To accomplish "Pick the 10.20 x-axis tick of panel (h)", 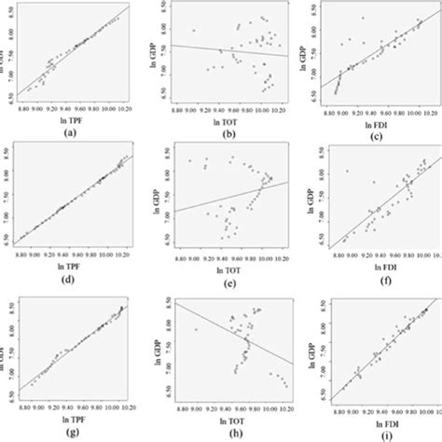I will [284, 408].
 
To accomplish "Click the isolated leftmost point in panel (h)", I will [196, 328].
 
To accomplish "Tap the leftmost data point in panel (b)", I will [193, 30].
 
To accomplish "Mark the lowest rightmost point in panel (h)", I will [285, 385].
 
